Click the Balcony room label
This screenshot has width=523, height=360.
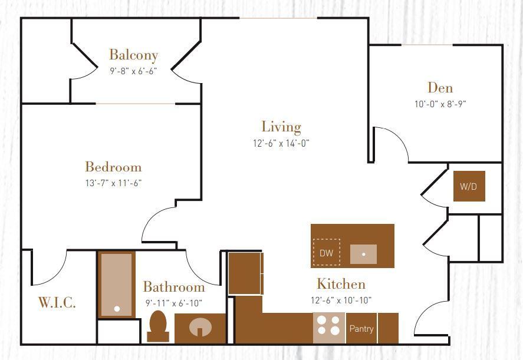tap(134, 55)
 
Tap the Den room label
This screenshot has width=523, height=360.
tap(440, 88)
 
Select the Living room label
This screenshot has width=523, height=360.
tap(281, 127)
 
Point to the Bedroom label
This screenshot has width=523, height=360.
tap(113, 167)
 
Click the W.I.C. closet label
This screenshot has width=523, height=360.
tap(57, 302)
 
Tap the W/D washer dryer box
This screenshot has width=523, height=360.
tap(469, 186)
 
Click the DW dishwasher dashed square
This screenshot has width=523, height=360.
tap(326, 253)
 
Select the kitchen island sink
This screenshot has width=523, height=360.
tap(364, 254)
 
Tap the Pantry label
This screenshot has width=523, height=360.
tap(361, 328)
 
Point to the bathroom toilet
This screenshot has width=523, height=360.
tap(157, 326)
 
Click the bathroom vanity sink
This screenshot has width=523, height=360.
tap(200, 328)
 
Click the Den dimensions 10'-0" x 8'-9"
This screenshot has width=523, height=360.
tap(440, 104)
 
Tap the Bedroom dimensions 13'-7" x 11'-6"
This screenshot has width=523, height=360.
tap(113, 183)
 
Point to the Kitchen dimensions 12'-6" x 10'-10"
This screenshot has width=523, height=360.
tap(341, 300)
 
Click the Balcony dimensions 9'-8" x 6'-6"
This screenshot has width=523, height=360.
tap(134, 71)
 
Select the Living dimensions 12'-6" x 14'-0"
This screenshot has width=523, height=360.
tap(281, 143)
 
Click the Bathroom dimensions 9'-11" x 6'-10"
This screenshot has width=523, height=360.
tap(174, 303)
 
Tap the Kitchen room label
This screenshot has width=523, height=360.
tap(341, 284)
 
